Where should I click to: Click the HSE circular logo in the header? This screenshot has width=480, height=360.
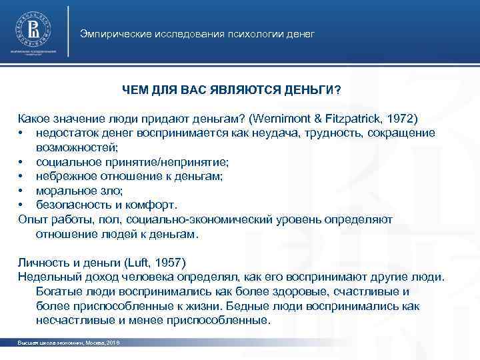point(33,29)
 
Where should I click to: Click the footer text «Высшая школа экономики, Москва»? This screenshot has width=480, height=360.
point(57,342)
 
